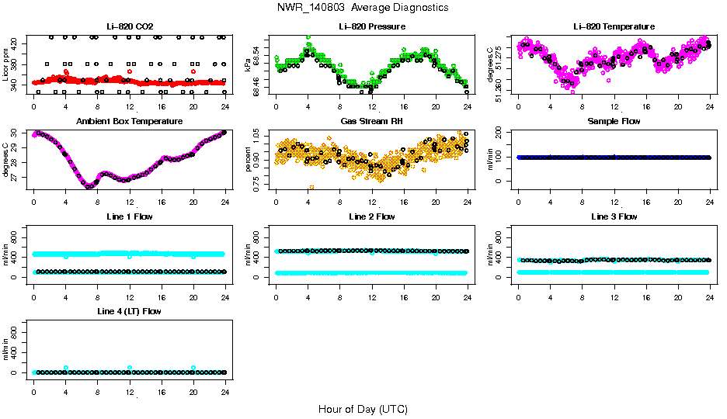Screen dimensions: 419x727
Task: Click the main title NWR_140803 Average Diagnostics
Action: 362,8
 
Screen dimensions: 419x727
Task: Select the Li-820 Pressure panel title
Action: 371,26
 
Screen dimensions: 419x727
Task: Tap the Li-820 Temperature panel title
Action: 614,26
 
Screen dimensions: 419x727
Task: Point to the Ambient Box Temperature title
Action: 130,121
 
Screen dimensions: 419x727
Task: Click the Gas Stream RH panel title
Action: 371,121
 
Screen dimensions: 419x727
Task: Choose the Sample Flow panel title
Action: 614,121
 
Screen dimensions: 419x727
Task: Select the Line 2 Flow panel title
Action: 371,216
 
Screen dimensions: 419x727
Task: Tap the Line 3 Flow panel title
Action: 614,216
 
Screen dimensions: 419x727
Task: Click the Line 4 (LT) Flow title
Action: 130,311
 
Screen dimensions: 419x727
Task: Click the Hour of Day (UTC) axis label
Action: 362,409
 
